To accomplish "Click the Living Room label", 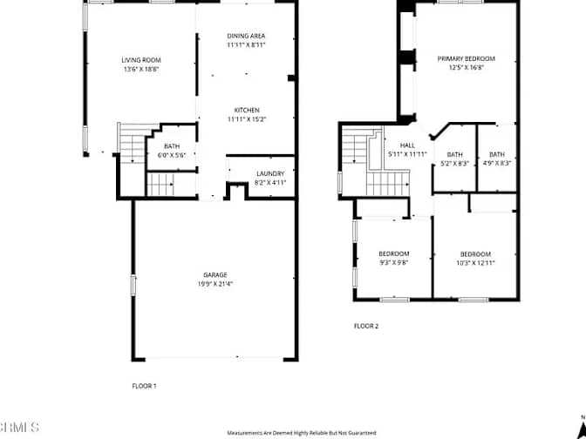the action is [141, 60].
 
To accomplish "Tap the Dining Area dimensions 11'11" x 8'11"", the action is [246, 44].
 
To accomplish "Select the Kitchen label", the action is [247, 110].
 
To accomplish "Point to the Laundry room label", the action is [270, 173].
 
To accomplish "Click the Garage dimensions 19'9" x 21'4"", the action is [215, 284].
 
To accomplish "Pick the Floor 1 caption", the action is [144, 386].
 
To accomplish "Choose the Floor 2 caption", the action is [366, 326].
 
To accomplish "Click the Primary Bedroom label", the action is [467, 58].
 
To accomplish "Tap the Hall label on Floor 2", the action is [407, 145].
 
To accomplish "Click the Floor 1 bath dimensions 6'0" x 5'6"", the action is [172, 155].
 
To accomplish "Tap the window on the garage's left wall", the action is [133, 286].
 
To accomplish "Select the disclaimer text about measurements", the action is [302, 433].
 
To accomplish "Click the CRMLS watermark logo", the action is [19, 428].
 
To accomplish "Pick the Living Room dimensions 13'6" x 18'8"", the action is [141, 69].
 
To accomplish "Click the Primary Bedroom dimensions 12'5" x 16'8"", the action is [467, 68].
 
